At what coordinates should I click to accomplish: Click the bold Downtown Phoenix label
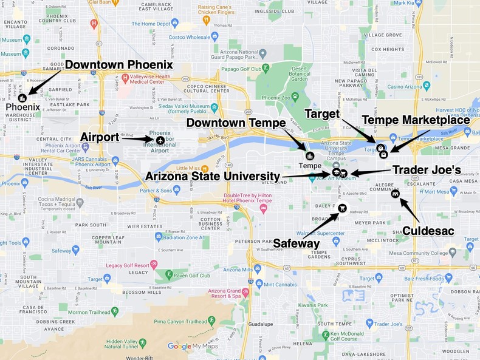click(119, 64)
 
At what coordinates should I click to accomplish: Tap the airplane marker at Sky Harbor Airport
click(160, 140)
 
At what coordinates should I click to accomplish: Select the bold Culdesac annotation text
click(428, 231)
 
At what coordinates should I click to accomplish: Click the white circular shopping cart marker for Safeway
click(343, 209)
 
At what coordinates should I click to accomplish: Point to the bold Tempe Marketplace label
click(416, 120)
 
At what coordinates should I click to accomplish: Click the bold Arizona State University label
click(213, 176)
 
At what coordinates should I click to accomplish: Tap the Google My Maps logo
click(193, 347)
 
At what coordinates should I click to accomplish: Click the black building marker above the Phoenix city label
click(22, 97)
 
